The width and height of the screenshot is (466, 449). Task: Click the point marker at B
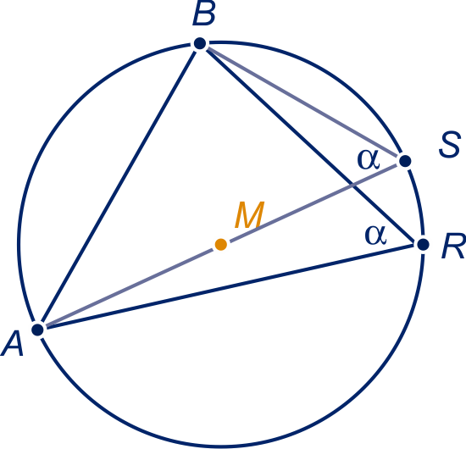tap(200, 43)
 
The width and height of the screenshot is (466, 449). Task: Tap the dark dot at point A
tap(38, 330)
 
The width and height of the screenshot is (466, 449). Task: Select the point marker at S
tap(405, 161)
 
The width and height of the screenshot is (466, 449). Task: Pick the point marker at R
tap(423, 245)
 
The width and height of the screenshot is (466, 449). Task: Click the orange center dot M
tap(221, 245)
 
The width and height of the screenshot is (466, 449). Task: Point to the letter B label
tap(204, 15)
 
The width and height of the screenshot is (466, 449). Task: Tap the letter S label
tap(449, 145)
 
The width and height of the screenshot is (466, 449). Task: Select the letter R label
tap(453, 247)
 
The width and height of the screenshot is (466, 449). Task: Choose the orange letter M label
tap(250, 214)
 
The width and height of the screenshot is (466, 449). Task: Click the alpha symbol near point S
tap(369, 159)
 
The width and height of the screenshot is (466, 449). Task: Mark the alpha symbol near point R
tap(376, 236)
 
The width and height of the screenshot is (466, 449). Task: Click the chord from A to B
tap(119, 186)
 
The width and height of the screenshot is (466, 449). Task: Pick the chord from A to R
tap(230, 286)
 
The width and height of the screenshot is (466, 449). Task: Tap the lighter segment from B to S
tap(302, 103)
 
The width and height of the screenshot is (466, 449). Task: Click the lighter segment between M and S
tap(313, 202)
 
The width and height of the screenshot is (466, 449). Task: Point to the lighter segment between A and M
tap(129, 287)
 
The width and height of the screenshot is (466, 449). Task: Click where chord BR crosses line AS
tap(352, 186)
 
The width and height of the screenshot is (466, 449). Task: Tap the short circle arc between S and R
tap(417, 202)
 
